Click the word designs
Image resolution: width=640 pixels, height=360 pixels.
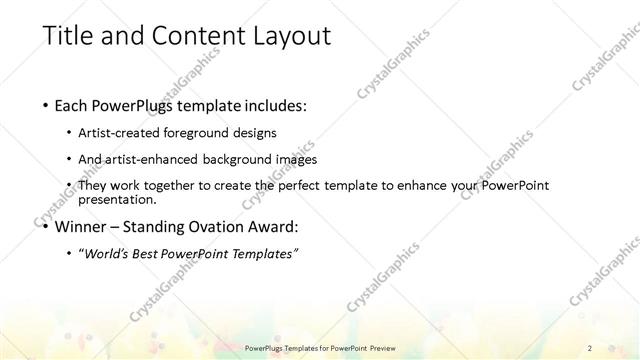[x=255, y=133]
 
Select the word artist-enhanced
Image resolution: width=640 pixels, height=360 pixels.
[x=158, y=159]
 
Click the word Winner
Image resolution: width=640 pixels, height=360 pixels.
[x=77, y=226]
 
